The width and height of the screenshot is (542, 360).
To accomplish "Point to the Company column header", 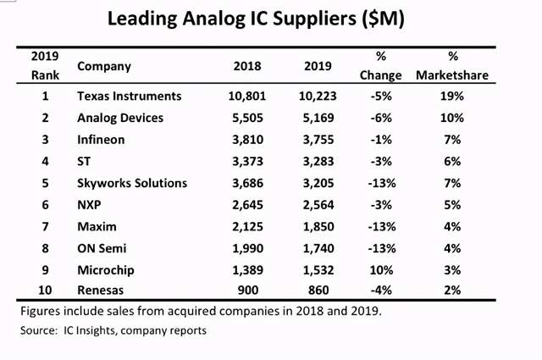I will coord(103,65).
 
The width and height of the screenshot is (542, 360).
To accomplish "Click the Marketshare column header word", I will coord(453,75).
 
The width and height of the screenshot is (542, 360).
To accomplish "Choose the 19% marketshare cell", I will coord(452,96).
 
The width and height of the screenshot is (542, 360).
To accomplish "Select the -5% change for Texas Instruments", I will coord(380,96).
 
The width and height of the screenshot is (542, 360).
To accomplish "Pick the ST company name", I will coord(84,161).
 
